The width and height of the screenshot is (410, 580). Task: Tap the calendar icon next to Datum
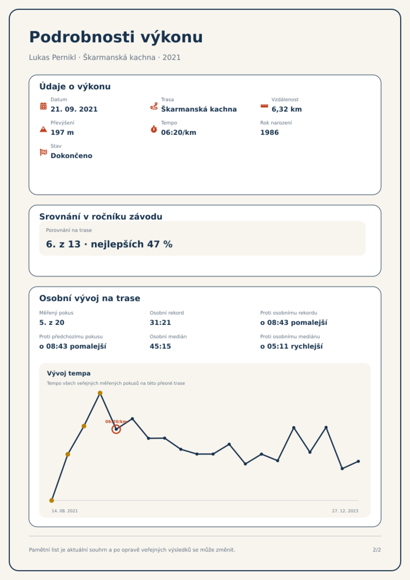point(43,106)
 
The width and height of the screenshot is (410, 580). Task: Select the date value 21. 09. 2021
point(74,109)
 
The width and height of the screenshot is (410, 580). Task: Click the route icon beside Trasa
point(154,106)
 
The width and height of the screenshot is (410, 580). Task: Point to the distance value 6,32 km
point(287,109)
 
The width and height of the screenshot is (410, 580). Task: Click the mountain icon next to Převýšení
point(43,129)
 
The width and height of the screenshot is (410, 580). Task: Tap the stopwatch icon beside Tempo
point(154,129)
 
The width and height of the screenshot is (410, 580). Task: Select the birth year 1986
point(270,132)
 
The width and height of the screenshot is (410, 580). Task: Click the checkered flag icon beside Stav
point(43,152)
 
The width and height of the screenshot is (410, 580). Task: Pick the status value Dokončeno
point(71,156)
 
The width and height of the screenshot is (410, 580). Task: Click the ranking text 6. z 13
point(63,244)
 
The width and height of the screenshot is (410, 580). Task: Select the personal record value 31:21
point(160,323)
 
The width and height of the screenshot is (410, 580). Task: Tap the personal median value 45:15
point(160,346)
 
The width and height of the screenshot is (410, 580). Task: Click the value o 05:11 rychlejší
point(291,346)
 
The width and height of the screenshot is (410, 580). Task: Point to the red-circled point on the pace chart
point(116,429)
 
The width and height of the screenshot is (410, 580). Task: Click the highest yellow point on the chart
point(100,393)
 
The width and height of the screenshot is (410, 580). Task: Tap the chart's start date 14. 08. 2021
point(65,511)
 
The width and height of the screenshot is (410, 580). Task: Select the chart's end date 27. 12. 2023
point(345,511)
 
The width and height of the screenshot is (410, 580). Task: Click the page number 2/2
point(377,550)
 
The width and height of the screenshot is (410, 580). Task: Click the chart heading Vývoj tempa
point(69,373)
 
